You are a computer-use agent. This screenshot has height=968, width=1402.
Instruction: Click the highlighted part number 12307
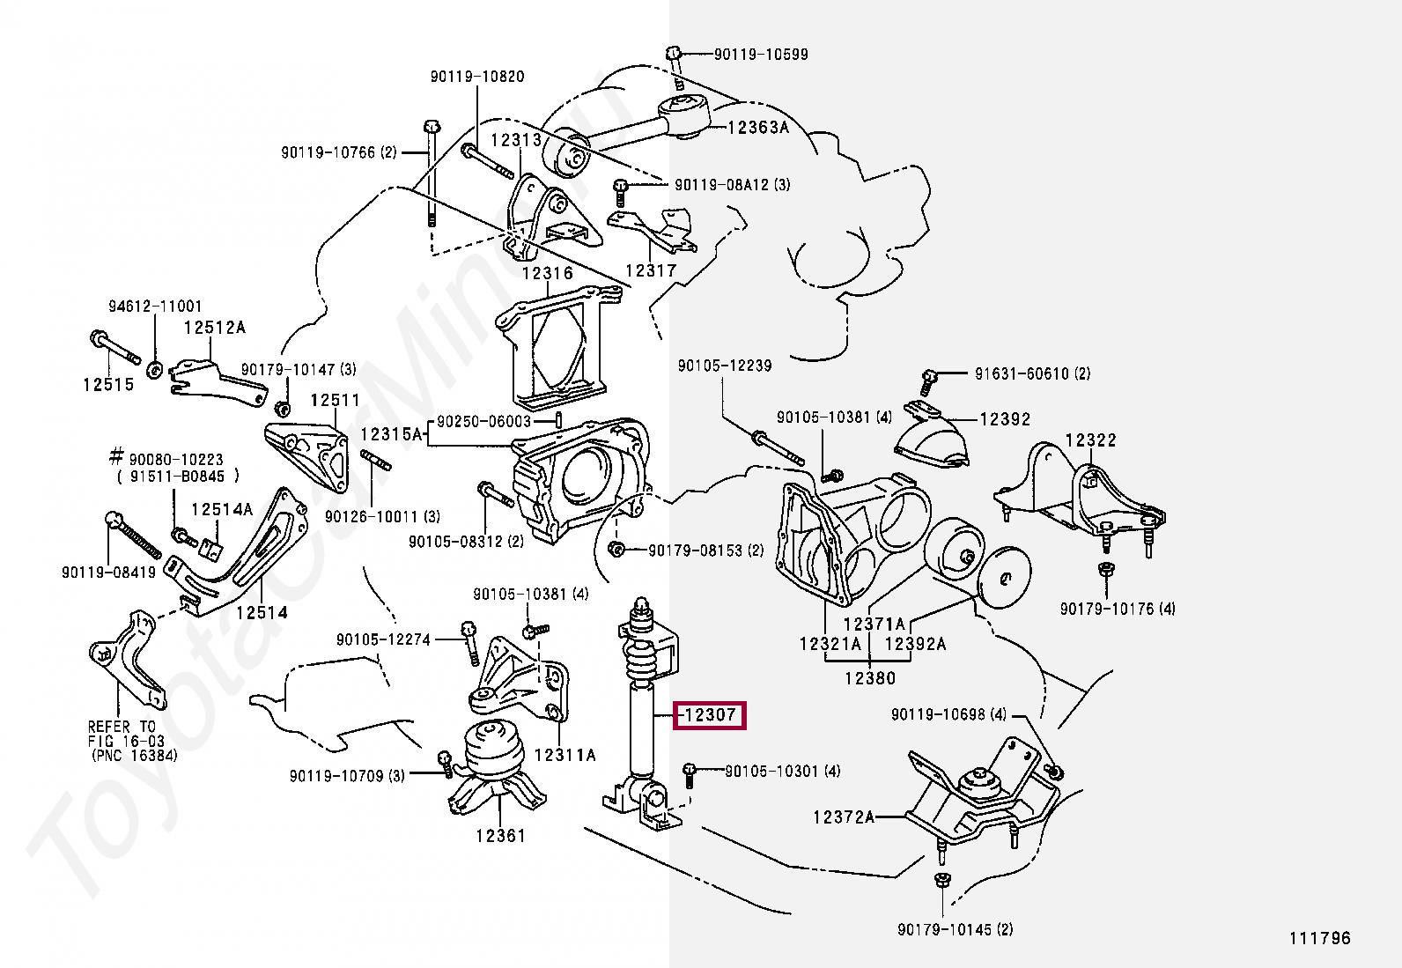click(x=710, y=715)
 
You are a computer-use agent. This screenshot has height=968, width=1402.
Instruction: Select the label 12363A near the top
click(x=757, y=128)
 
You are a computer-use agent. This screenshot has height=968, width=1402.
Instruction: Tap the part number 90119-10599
click(x=760, y=55)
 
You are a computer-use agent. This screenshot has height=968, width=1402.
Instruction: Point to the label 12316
click(x=547, y=274)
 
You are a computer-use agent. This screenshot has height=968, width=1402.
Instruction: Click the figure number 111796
click(x=1320, y=938)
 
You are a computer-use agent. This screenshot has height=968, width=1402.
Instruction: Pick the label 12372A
click(x=843, y=817)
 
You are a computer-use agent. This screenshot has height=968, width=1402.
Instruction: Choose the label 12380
click(x=869, y=678)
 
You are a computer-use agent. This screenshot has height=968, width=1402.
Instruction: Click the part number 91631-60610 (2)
click(x=1031, y=373)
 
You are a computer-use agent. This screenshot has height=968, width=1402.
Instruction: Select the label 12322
click(x=1090, y=440)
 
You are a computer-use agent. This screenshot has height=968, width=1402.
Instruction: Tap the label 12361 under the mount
click(x=499, y=835)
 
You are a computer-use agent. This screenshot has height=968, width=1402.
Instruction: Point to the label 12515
click(x=108, y=384)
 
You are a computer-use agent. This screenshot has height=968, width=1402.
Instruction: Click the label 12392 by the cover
click(x=1005, y=419)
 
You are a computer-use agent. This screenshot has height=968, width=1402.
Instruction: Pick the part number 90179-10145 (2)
click(x=955, y=930)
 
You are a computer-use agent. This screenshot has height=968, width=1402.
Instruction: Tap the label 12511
click(x=335, y=401)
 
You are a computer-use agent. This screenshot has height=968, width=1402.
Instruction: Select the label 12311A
click(x=564, y=755)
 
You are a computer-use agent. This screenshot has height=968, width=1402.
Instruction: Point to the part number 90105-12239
click(x=724, y=366)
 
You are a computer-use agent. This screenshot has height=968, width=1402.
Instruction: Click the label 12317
click(x=650, y=270)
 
